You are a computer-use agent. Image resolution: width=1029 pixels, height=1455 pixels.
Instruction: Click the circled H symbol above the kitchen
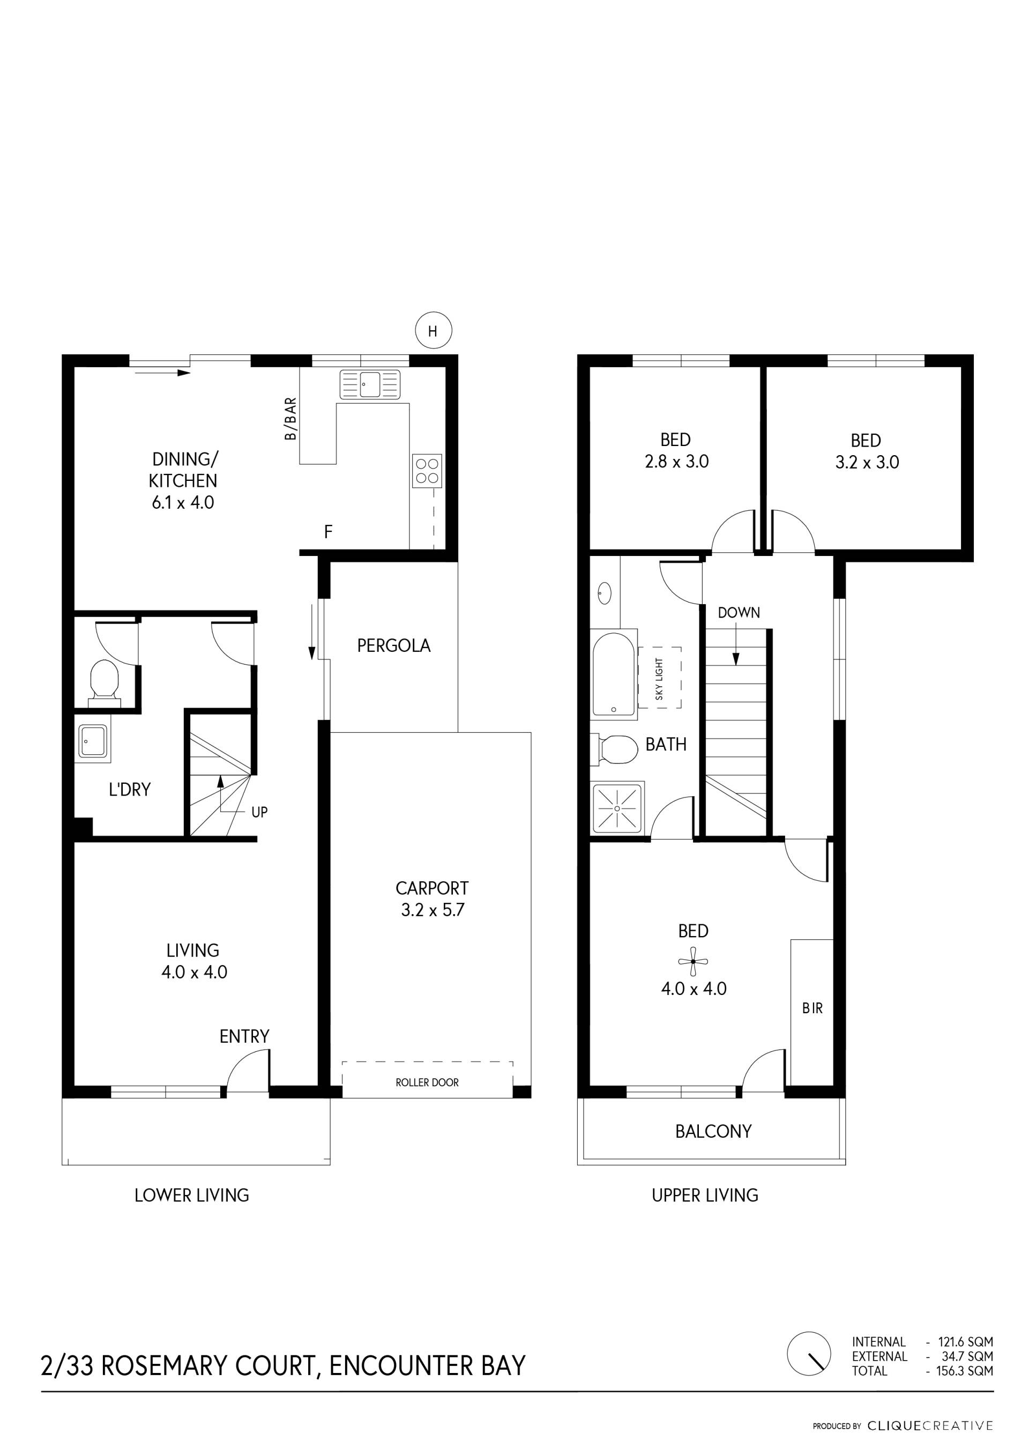(434, 331)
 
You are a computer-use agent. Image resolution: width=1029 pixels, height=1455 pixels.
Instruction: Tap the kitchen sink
(370, 384)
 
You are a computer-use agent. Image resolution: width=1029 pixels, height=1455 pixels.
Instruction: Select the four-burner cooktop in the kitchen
(427, 470)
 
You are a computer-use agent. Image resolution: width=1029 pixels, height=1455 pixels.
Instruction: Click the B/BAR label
(290, 419)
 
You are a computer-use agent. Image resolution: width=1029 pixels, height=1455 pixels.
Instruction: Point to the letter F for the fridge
(328, 532)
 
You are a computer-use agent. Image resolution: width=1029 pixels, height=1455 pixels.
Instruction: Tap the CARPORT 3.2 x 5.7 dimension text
(432, 899)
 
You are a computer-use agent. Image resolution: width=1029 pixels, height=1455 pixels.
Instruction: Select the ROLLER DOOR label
(427, 1082)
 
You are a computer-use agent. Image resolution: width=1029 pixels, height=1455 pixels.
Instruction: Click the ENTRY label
(244, 1036)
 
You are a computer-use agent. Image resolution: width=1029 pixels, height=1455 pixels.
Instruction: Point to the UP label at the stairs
(259, 812)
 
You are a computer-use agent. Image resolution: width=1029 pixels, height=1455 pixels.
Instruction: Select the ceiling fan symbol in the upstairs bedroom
(693, 961)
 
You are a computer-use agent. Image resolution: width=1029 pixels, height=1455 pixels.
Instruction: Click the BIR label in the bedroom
(812, 1008)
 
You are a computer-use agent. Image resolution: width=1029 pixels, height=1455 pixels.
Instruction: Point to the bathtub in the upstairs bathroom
(613, 674)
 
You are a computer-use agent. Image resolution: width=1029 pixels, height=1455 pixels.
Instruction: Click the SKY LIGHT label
(659, 679)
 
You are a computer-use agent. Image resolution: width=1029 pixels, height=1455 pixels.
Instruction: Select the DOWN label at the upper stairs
(739, 613)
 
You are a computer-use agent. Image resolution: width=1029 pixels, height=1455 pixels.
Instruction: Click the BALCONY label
(713, 1131)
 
